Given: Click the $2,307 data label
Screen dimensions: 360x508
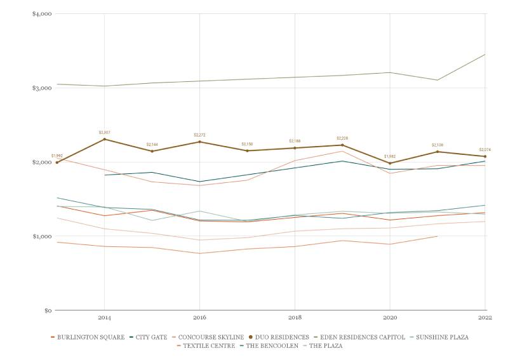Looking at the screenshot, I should [105, 132].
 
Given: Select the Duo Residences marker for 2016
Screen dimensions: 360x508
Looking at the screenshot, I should [200, 142].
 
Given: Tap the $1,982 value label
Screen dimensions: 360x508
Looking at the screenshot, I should [390, 156].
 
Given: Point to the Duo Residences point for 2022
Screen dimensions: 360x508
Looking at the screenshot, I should [486, 156].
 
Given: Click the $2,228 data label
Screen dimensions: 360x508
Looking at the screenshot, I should [343, 138].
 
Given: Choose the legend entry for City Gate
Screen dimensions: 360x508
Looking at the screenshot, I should [151, 337].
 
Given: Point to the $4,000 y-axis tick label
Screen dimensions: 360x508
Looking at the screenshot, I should [42, 14].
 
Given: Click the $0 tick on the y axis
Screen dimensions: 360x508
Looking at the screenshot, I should [47, 310].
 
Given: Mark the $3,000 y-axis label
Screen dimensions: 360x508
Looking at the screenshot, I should [42, 88].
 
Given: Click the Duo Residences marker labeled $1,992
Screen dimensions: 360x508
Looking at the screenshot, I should [57, 163].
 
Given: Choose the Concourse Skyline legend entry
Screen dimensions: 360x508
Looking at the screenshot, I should [210, 337].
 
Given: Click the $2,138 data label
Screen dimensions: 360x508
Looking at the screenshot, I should [438, 145].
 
